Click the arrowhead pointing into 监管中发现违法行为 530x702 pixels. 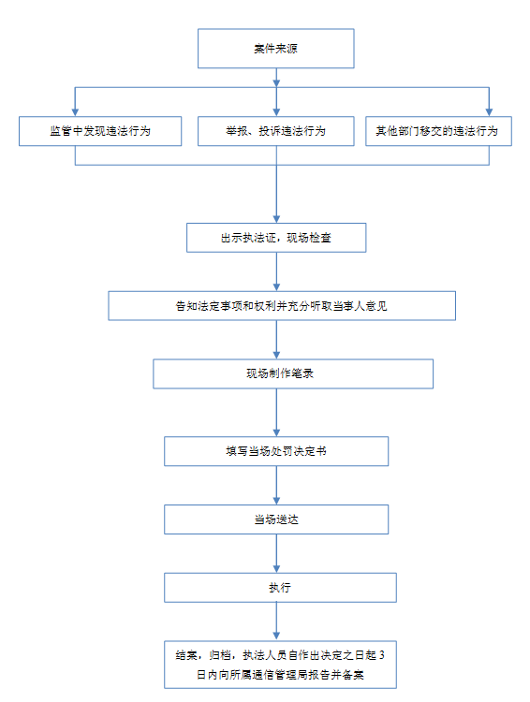pos(75,112)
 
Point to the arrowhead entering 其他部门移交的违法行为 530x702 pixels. pos(489,112)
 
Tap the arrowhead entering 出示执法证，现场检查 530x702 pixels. pos(276,219)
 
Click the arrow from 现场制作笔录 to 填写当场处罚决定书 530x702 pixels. pos(276,413)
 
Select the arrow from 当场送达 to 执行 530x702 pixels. pos(276,553)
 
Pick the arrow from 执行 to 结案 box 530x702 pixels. pos(276,622)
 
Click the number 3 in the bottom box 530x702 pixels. pos(382,655)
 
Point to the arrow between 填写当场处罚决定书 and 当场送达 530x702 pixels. pos(276,485)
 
